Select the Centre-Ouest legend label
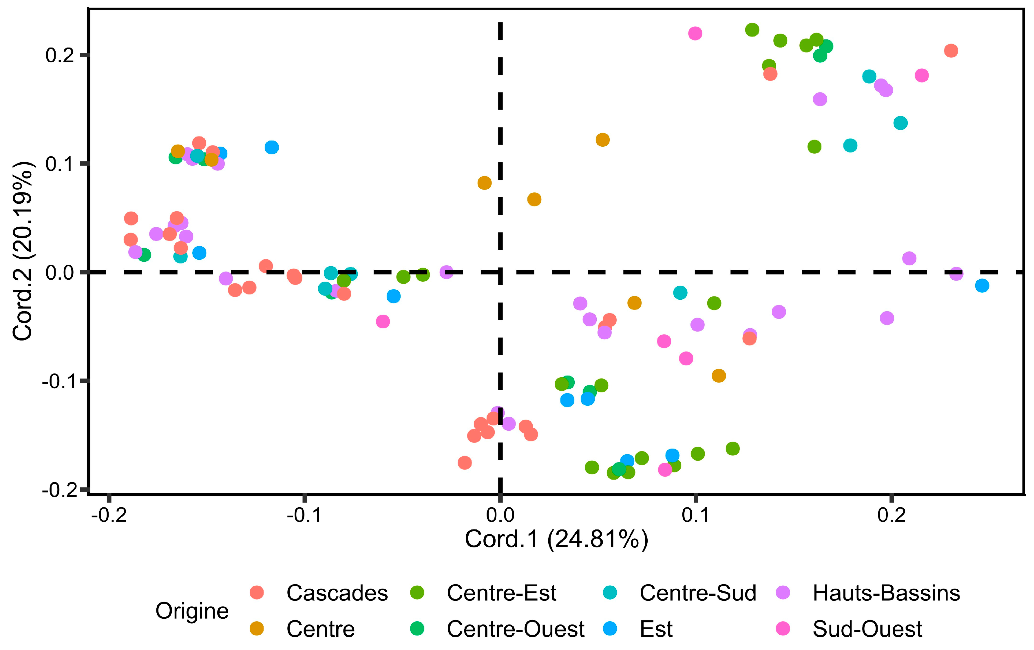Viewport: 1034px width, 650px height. pos(515,629)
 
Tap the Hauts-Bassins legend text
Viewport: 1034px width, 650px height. pos(886,593)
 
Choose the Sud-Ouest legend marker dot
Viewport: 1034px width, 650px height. pos(784,629)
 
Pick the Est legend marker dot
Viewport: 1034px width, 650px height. pos(610,629)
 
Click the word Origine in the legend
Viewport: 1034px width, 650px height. pos(192,611)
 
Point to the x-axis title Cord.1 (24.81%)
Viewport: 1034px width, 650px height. pos(556,539)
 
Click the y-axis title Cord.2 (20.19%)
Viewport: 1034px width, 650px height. pos(22,251)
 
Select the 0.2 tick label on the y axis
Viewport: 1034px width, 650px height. pos(60,55)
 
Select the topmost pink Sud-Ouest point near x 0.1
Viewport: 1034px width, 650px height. pos(695,34)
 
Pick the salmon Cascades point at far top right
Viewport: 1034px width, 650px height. pos(951,51)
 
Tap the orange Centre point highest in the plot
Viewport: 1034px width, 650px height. pos(603,140)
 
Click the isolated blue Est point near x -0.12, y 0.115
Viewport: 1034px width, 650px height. pos(271,147)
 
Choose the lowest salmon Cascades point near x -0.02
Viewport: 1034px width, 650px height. pos(465,463)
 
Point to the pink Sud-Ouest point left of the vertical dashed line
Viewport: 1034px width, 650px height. pos(383,321)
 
